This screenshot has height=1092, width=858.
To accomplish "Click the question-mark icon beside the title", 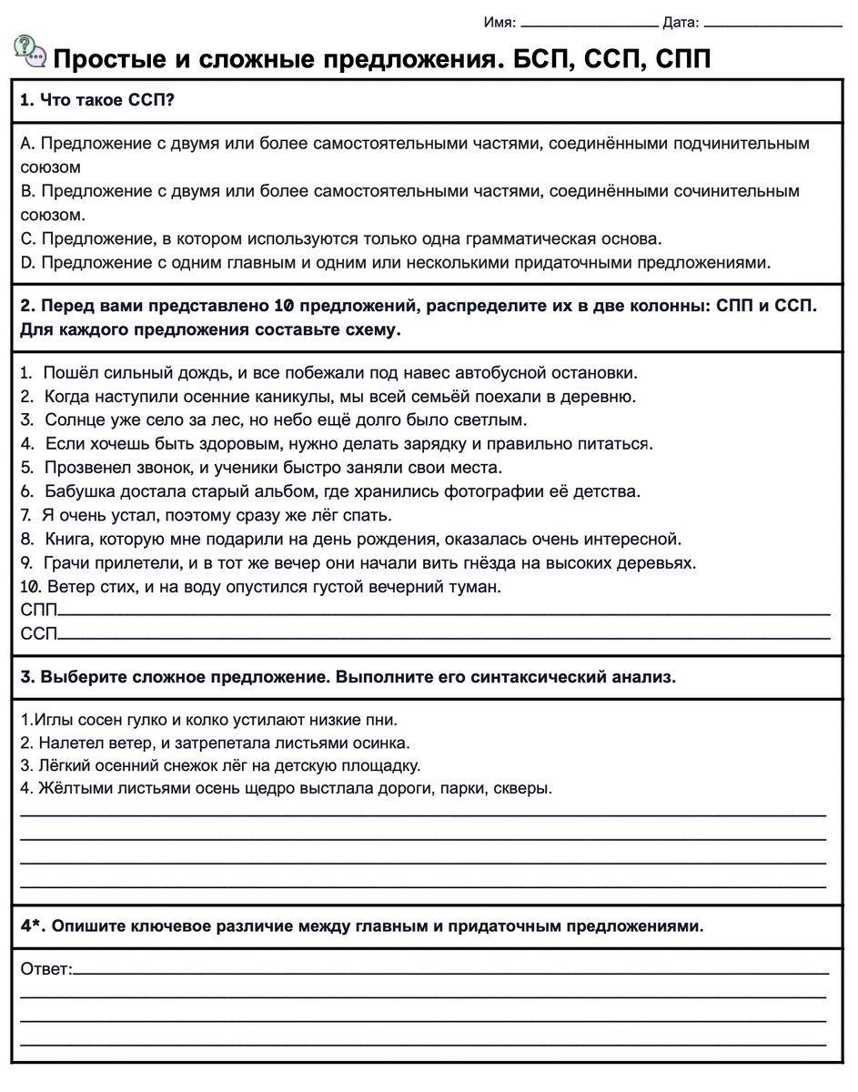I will point(30,51).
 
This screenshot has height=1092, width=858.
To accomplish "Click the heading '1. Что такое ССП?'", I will point(97,101).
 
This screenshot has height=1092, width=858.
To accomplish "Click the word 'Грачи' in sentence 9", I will point(66,563).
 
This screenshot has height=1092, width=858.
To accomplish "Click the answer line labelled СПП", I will point(442,615).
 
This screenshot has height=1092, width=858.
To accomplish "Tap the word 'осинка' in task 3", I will point(385,742).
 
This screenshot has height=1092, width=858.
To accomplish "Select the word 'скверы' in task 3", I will point(522,789).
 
